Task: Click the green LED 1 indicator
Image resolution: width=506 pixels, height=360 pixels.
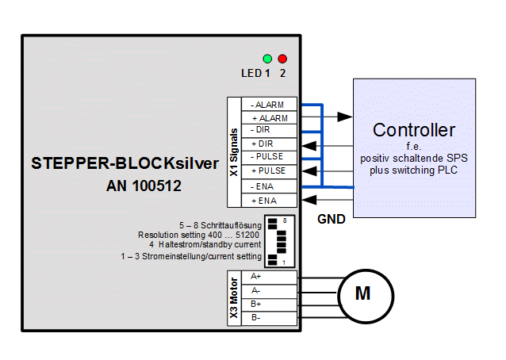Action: pyautogui.click(x=267, y=59)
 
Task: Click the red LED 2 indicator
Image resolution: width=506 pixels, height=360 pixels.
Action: pyautogui.click(x=282, y=59)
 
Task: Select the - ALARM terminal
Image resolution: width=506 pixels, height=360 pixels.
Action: pyautogui.click(x=270, y=105)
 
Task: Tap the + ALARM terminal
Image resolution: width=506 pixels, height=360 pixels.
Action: pyautogui.click(x=270, y=117)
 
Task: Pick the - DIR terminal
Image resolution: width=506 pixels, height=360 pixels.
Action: pyautogui.click(x=270, y=130)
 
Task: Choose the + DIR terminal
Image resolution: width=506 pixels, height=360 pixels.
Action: pyautogui.click(x=270, y=144)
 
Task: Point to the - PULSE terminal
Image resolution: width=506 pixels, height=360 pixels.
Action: pyautogui.click(x=270, y=157)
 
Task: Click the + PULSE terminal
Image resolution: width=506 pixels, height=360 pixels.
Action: pyautogui.click(x=270, y=170)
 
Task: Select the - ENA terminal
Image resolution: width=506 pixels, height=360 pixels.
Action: pyautogui.click(x=270, y=186)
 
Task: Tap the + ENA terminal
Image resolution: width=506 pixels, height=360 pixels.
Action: pyautogui.click(x=270, y=200)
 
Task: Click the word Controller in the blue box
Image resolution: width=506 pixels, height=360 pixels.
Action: pyautogui.click(x=414, y=130)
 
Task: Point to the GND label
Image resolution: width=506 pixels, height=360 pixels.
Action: pyautogui.click(x=331, y=219)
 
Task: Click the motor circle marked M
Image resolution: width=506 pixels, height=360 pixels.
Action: pyautogui.click(x=362, y=294)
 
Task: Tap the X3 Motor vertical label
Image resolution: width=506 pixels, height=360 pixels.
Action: pyautogui.click(x=233, y=297)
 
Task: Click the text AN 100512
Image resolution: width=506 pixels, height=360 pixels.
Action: pyautogui.click(x=145, y=188)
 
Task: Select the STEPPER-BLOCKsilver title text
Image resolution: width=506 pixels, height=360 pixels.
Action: pyautogui.click(x=121, y=164)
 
